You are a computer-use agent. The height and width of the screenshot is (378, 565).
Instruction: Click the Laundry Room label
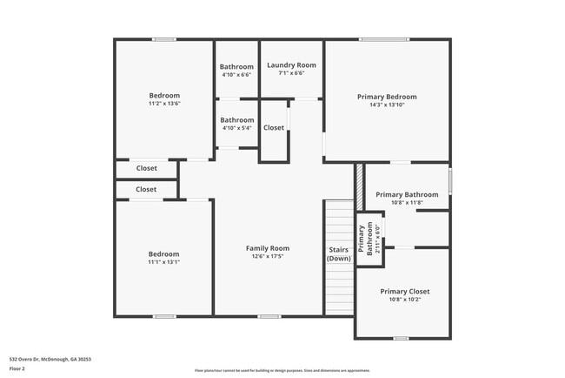pyautogui.click(x=291, y=65)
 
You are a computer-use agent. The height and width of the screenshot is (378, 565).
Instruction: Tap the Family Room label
pyautogui.click(x=267, y=248)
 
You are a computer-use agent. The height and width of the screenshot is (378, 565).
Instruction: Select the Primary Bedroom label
pyautogui.click(x=387, y=97)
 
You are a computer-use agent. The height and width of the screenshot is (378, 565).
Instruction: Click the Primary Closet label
pyautogui.click(x=405, y=291)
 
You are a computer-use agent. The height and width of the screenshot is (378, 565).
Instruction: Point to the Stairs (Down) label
pyautogui.click(x=338, y=253)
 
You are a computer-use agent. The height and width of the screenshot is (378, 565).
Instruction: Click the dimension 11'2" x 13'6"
pyautogui.click(x=164, y=104)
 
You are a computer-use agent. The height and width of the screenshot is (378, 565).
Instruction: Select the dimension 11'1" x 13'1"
pyautogui.click(x=163, y=262)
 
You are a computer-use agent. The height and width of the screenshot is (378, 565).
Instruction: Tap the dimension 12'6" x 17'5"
pyautogui.click(x=267, y=257)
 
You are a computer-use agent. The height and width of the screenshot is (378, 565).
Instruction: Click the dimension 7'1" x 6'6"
pyautogui.click(x=291, y=74)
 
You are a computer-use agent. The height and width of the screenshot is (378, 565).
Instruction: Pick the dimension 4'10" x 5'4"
pyautogui.click(x=236, y=128)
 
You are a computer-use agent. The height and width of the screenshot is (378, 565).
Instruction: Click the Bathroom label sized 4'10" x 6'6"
pyautogui.click(x=236, y=67)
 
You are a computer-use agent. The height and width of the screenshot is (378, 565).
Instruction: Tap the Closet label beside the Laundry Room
pyautogui.click(x=274, y=127)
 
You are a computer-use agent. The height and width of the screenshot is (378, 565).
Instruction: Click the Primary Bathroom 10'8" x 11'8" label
pyautogui.click(x=407, y=194)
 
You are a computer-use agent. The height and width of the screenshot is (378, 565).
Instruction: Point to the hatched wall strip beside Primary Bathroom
pyautogui.click(x=356, y=186)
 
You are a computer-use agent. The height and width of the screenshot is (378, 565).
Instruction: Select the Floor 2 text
pyautogui.click(x=18, y=368)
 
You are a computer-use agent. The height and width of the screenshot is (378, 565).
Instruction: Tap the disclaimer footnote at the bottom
pyautogui.click(x=282, y=371)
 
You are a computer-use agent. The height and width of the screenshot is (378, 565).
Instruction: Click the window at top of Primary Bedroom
pyautogui.click(x=384, y=39)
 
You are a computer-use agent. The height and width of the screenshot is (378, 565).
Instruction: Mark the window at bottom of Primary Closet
pyautogui.click(x=401, y=338)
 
